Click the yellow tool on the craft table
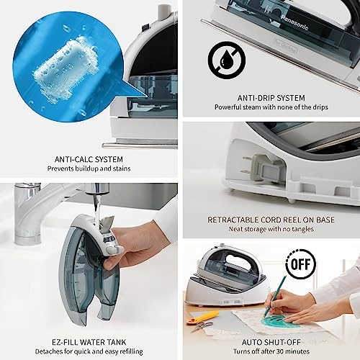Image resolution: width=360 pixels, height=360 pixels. pos(204,315)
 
